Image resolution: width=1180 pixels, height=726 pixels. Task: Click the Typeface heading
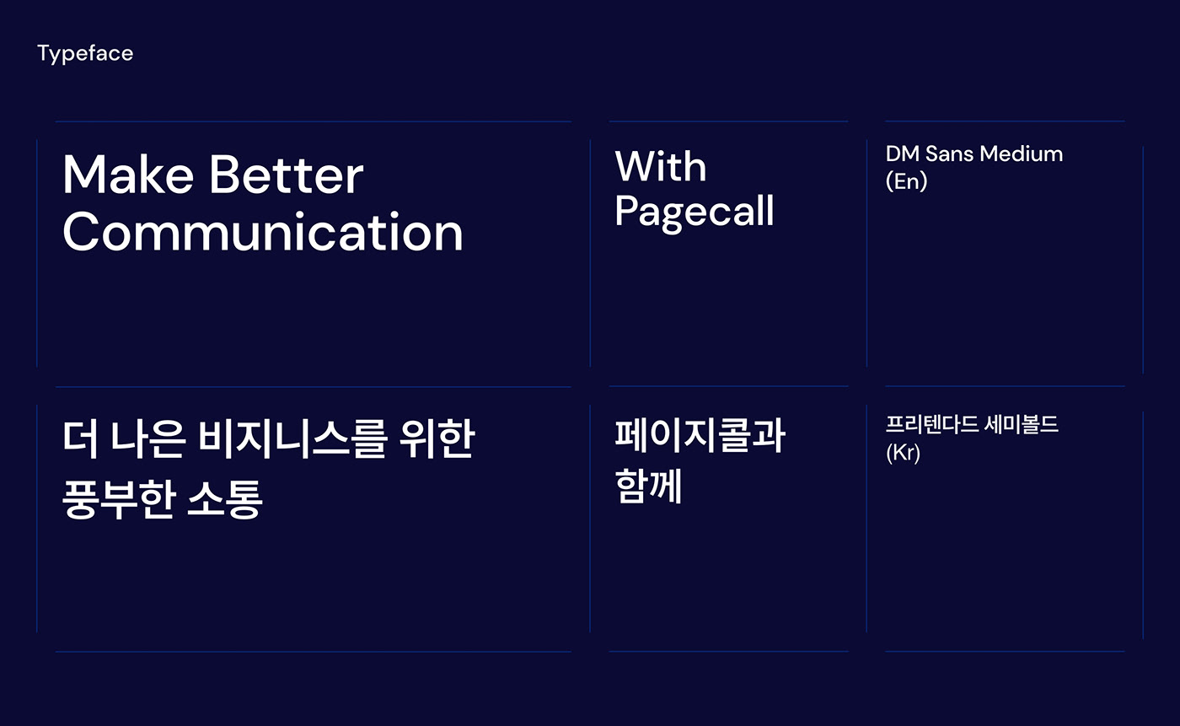85,54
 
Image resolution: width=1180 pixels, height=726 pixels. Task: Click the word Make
128,175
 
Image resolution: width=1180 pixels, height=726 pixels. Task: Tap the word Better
287,175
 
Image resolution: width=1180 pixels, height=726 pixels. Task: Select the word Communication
263,232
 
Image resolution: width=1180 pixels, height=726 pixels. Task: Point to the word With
661,166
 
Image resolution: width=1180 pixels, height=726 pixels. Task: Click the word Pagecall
695,212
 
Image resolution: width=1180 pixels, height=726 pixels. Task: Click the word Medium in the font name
1022,153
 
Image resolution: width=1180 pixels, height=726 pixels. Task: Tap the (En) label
906,181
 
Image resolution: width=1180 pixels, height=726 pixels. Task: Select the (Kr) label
903,453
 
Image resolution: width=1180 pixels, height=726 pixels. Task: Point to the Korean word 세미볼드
1022,425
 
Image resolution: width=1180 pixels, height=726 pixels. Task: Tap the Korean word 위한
437,438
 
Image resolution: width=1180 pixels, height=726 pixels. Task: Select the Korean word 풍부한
119,499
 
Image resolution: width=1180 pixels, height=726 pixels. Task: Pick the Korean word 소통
225,499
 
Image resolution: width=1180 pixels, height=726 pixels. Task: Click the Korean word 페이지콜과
700,435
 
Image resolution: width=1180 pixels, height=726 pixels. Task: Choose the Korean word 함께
648,485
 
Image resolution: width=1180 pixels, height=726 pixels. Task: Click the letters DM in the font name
903,153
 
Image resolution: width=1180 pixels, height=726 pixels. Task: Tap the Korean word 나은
147,438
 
